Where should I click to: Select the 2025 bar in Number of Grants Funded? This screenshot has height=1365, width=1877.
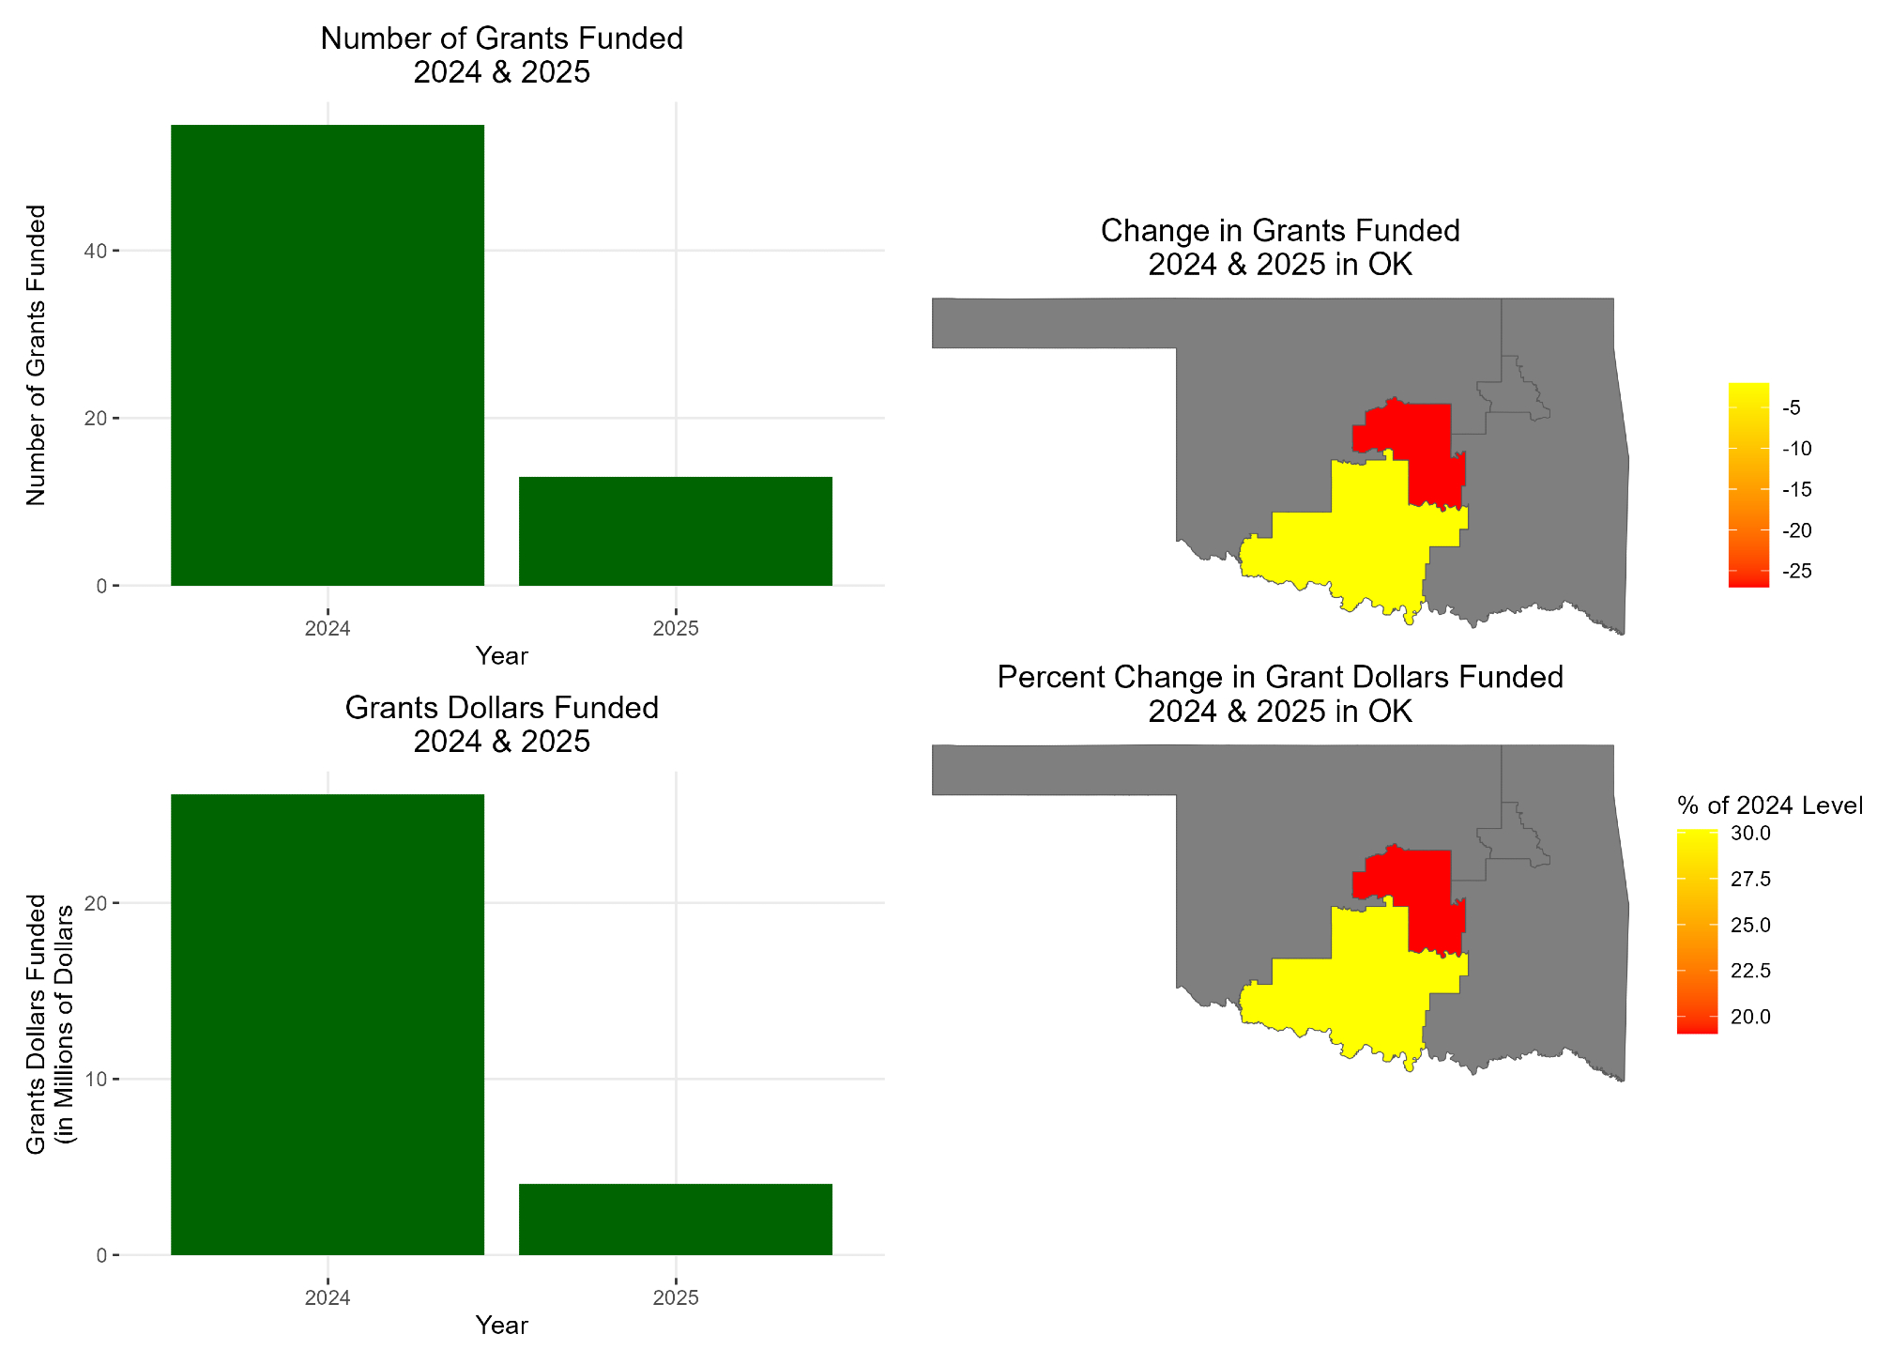coord(675,531)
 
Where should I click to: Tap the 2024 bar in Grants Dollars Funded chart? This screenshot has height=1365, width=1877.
coord(327,1023)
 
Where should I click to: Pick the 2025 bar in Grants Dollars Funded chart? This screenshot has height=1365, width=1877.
coord(675,1219)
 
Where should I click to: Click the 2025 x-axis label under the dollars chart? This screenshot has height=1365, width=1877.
coord(675,1298)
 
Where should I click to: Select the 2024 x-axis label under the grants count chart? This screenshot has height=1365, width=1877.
coord(327,629)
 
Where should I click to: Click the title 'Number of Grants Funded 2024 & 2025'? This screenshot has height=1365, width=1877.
coord(501,55)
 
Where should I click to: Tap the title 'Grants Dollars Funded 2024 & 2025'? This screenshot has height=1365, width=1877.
coord(501,725)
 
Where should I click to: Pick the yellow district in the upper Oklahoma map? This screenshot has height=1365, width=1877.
coord(1351,544)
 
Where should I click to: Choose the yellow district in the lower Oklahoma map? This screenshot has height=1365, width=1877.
coord(1351,990)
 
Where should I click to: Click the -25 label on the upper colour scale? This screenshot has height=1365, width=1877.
coord(1797,572)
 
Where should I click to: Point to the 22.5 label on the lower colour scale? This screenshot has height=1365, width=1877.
coord(1750,971)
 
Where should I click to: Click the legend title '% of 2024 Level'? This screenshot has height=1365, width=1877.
coord(1769,805)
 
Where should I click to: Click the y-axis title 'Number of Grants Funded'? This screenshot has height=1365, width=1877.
coord(36,355)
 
